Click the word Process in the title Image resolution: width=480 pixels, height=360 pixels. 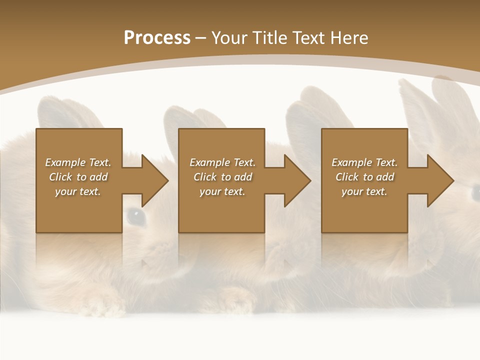(157, 38)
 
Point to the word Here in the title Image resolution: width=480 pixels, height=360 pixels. (349, 38)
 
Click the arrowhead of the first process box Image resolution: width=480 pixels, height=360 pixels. (154, 180)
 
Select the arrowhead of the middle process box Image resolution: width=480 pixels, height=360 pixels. (297, 180)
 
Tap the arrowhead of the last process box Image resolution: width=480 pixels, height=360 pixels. (440, 180)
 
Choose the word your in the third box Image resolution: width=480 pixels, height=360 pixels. (352, 191)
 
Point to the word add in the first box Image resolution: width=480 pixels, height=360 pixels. (98, 177)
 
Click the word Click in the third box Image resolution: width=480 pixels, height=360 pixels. (346, 177)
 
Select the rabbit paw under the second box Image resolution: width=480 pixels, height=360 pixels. (235, 297)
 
